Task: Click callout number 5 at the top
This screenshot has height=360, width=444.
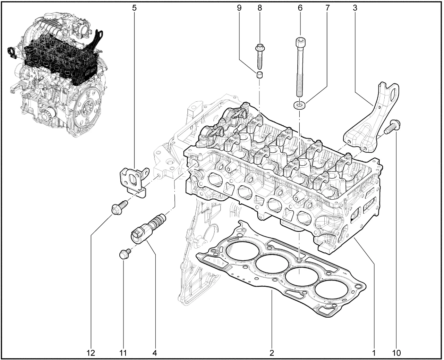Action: click(134, 8)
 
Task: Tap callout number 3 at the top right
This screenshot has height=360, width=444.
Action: click(355, 8)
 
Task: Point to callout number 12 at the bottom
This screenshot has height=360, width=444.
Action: click(91, 353)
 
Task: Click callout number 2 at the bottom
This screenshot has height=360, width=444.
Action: click(272, 353)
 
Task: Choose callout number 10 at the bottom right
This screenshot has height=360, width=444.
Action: click(396, 353)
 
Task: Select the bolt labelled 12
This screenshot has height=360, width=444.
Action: click(117, 208)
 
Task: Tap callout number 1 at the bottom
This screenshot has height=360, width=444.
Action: click(374, 353)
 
